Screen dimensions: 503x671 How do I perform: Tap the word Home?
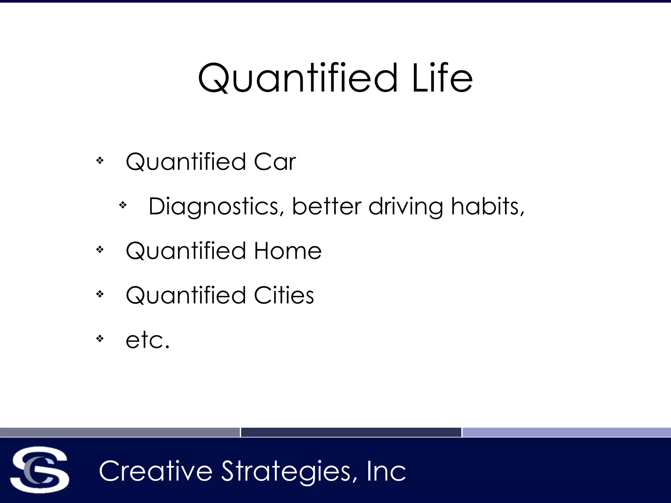[288, 251]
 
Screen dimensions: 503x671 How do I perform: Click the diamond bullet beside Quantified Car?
[100, 160]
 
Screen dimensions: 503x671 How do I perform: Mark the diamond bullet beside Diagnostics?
[123, 205]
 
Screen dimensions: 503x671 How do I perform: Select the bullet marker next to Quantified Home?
[100, 250]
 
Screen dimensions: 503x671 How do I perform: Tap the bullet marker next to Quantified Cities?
[100, 294]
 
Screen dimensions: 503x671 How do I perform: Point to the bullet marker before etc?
[100, 339]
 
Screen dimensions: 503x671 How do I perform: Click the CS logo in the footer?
[39, 470]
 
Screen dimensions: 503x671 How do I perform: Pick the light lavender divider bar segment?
[566, 432]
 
